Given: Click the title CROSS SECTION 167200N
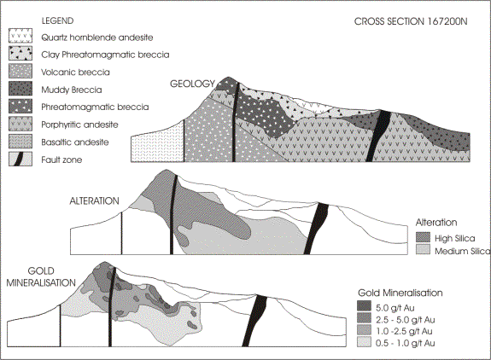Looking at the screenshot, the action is pyautogui.click(x=411, y=21).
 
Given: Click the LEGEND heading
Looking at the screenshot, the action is pyautogui.click(x=57, y=20).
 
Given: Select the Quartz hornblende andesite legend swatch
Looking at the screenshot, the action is pyautogui.click(x=20, y=36).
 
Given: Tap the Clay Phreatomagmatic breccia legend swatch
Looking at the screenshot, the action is pyautogui.click(x=20, y=53).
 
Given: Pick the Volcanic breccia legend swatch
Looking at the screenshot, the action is pyautogui.click(x=20, y=71).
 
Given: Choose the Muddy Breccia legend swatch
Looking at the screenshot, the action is pyautogui.click(x=20, y=89).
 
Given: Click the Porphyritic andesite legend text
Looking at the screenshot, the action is pyautogui.click(x=80, y=125).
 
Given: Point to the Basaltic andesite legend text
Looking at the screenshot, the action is pyautogui.click(x=75, y=142).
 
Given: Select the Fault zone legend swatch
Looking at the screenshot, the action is pyautogui.click(x=20, y=159).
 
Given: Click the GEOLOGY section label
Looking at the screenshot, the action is pyautogui.click(x=193, y=84).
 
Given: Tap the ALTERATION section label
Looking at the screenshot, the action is pyautogui.click(x=94, y=200).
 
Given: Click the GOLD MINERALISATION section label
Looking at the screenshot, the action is pyautogui.click(x=41, y=276).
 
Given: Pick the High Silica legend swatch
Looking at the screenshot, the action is pyautogui.click(x=423, y=238).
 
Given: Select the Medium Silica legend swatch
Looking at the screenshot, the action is pyautogui.click(x=423, y=250).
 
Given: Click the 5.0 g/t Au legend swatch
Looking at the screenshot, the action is pyautogui.click(x=364, y=306).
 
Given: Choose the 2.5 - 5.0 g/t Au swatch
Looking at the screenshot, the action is pyautogui.click(x=364, y=318).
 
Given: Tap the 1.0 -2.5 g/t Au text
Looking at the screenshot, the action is pyautogui.click(x=404, y=331).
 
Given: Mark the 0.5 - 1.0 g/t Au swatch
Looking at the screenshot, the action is pyautogui.click(x=364, y=342).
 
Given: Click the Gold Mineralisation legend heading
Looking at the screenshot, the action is pyautogui.click(x=400, y=293).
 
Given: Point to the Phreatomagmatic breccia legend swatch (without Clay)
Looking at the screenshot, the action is pyautogui.click(x=20, y=106).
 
